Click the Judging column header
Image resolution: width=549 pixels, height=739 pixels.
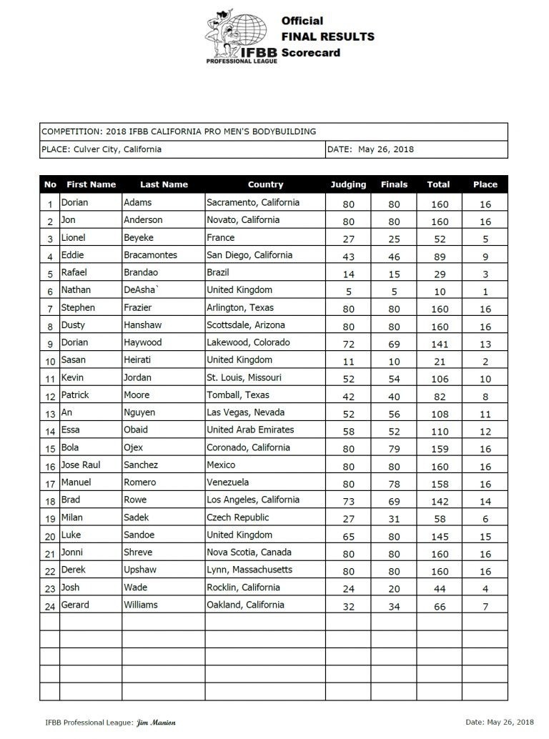[348, 184]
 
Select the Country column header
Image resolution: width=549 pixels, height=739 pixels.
[265, 184]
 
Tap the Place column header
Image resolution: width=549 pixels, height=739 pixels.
[485, 184]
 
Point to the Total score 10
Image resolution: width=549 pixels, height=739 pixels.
[438, 291]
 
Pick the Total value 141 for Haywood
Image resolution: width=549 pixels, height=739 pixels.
[438, 343]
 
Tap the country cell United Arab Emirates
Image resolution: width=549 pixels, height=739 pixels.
[250, 430]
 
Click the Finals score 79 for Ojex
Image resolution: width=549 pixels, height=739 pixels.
[394, 448]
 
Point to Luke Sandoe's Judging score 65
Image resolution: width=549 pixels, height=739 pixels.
[348, 535]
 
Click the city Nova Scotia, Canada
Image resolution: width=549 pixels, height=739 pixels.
[248, 552]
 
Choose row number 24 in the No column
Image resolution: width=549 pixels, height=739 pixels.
[50, 606]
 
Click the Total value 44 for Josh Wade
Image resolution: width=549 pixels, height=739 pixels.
[438, 588]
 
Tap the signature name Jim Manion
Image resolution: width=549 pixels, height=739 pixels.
[156, 723]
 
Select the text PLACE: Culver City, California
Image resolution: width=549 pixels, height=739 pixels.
[102, 149]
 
